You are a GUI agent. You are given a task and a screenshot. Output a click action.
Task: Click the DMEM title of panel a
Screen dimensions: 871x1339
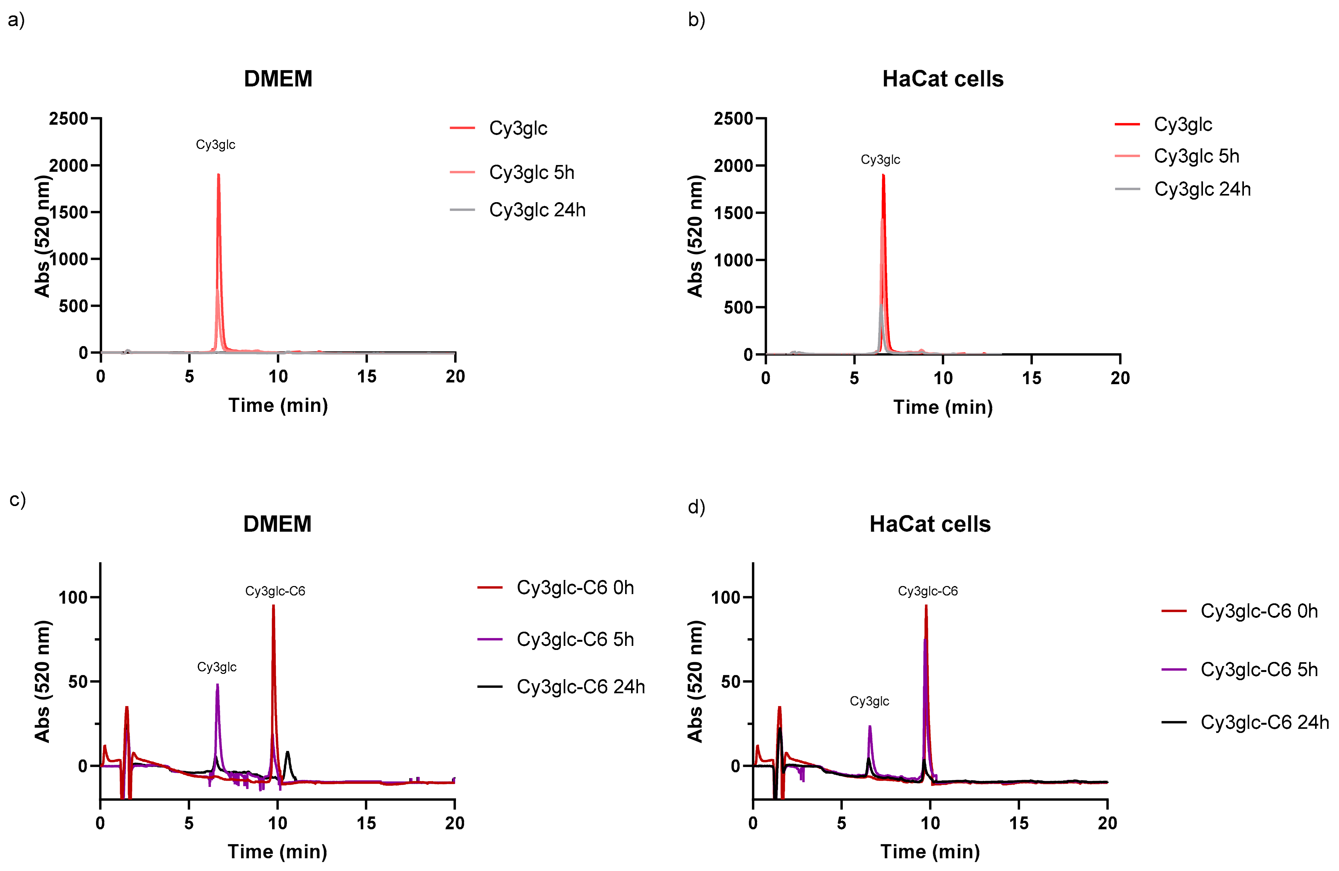click(x=278, y=79)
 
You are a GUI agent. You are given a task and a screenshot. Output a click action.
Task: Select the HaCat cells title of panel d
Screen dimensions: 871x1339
click(x=930, y=524)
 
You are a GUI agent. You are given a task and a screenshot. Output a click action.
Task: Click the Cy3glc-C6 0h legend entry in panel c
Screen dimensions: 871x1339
click(x=575, y=587)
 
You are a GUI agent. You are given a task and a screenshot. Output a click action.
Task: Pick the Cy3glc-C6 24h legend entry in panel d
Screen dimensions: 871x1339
click(x=1264, y=722)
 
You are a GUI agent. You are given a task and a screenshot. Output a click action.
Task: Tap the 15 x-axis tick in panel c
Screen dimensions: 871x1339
click(x=366, y=823)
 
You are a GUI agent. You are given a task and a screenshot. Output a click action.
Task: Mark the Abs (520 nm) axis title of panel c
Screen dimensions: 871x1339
click(x=43, y=681)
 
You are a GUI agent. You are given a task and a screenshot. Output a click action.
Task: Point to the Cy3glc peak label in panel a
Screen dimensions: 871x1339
click(x=215, y=145)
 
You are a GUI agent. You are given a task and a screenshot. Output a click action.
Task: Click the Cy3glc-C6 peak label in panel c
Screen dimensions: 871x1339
click(x=275, y=591)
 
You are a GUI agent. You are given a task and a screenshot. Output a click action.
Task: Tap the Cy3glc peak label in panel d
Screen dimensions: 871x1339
click(x=869, y=701)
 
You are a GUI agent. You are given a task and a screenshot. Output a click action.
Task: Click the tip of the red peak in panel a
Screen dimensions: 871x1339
click(x=218, y=175)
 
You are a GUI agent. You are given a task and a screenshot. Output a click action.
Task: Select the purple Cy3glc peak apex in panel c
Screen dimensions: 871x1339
click(x=217, y=685)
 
